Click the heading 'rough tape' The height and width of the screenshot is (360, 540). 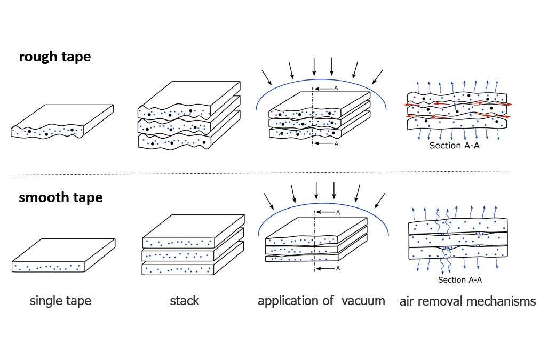click(x=54, y=57)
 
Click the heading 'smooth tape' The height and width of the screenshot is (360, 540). click(x=60, y=197)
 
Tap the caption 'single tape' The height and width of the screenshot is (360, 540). click(x=60, y=301)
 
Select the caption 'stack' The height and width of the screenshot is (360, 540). click(x=184, y=301)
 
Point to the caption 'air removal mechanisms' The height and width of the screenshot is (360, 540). click(x=467, y=301)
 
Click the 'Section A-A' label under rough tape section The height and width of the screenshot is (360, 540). click(x=454, y=145)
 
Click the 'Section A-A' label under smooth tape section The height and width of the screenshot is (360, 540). click(x=460, y=280)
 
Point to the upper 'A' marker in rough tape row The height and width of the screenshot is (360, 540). click(x=336, y=89)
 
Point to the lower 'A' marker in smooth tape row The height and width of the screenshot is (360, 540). click(x=338, y=268)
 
